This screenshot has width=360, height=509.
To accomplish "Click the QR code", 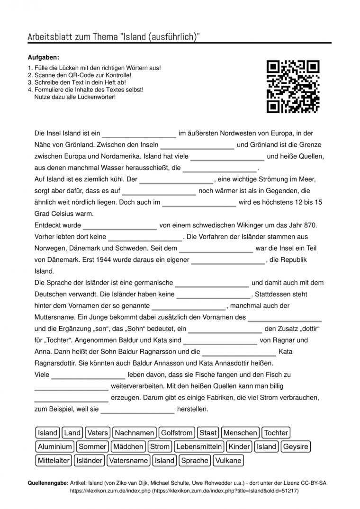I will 293,87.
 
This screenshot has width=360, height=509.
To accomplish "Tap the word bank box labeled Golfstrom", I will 177,432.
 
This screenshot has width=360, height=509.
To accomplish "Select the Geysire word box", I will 296,446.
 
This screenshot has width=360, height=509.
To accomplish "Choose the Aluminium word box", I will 55,446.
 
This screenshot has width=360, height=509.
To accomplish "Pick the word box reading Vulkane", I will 228,460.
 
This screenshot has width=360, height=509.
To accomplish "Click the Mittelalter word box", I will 54,460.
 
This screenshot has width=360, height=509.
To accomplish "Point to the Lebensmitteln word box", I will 199,446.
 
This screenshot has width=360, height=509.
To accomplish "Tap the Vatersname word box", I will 128,460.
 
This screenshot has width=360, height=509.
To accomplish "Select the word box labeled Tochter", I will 276,432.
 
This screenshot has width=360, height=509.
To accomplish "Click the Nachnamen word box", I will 135,432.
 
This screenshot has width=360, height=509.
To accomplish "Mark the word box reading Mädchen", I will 128,446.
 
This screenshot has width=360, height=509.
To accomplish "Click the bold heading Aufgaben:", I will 44,57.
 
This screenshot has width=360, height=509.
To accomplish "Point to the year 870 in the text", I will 312,225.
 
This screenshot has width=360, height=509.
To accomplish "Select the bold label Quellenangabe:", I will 48,483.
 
